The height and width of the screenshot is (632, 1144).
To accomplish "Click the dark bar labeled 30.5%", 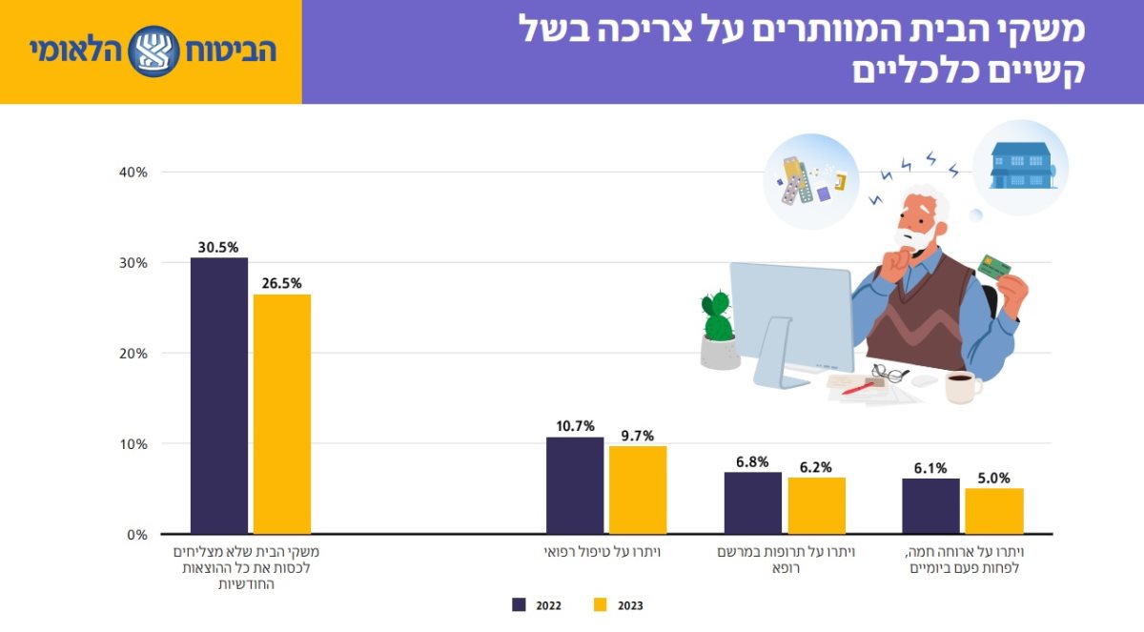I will [x=219, y=396].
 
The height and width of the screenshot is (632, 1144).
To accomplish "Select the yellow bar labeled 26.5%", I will [x=282, y=414].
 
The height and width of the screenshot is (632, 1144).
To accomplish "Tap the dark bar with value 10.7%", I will [x=575, y=485].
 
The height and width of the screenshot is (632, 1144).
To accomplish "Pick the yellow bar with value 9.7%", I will [x=638, y=490].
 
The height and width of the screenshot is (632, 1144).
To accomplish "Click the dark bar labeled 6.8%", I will [x=753, y=502].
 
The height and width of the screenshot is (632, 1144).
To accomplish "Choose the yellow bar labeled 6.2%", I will [x=816, y=505].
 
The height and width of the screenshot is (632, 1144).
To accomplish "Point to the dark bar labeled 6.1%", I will [x=930, y=506].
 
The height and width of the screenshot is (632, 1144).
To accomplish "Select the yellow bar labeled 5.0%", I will [x=993, y=511].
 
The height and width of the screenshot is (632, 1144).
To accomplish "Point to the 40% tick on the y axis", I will [x=133, y=172].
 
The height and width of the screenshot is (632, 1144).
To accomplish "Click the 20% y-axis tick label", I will [x=133, y=353].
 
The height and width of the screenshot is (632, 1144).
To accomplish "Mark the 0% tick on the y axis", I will [x=136, y=534].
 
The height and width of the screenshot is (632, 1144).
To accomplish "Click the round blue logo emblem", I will [x=153, y=51].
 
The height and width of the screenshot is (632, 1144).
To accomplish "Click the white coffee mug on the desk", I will [x=960, y=387].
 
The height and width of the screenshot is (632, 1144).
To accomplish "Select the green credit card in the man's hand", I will [x=994, y=266].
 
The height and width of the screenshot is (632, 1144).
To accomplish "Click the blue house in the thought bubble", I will [x=1020, y=166].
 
